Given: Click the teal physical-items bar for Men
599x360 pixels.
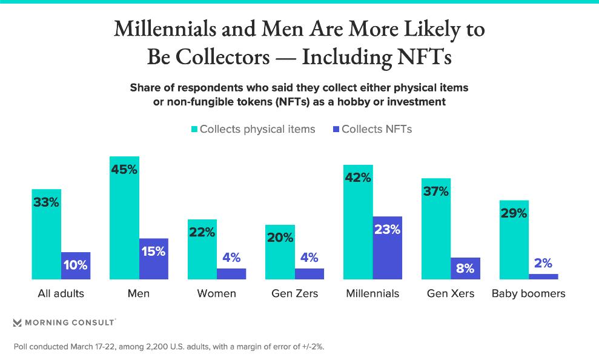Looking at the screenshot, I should [124, 218].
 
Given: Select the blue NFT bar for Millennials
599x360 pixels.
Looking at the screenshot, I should [387, 248].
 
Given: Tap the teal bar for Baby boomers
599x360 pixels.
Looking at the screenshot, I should [514, 240].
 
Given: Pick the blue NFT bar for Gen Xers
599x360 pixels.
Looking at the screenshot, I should [465, 268].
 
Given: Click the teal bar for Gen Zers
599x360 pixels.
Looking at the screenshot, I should [280, 252].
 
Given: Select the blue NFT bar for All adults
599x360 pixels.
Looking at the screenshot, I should [76, 265].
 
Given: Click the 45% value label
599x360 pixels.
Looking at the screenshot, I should [124, 170].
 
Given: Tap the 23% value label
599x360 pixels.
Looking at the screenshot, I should [387, 230].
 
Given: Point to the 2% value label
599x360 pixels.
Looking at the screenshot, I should [543, 263].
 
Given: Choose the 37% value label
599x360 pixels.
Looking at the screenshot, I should [436, 192].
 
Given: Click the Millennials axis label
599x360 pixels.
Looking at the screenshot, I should [372, 294].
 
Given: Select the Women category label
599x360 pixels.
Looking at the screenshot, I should [216, 294].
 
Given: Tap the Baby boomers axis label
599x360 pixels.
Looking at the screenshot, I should [528, 294].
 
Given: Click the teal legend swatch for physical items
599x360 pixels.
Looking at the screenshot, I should [194, 129].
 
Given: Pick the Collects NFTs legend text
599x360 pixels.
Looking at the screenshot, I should [377, 129].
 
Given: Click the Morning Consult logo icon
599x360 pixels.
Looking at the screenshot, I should [17, 322].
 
